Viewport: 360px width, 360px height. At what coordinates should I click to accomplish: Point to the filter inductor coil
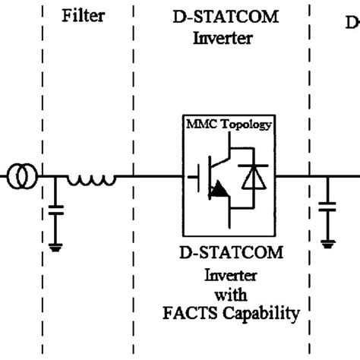click(x=90, y=180)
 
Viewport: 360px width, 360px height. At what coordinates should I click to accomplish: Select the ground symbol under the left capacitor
click(x=55, y=245)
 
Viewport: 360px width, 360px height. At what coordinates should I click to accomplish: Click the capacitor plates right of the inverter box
click(x=328, y=207)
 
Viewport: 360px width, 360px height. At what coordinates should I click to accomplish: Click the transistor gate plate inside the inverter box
click(x=199, y=178)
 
